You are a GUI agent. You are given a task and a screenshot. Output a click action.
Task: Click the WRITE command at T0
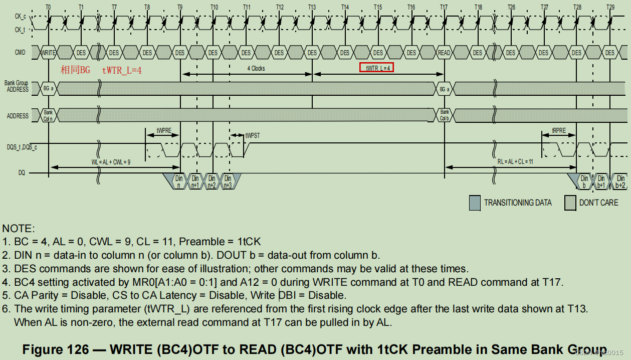(49, 53)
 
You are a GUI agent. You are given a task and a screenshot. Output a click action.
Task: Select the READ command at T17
(444, 53)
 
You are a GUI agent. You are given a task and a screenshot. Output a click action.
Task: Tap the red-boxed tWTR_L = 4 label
(376, 68)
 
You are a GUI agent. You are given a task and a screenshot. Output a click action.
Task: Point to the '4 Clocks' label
(256, 68)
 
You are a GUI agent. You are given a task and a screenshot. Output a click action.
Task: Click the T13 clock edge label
(312, 8)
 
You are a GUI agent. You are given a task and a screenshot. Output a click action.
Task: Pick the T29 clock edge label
(610, 8)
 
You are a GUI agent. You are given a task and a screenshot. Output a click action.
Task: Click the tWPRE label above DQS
(163, 130)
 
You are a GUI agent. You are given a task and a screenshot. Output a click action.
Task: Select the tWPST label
(253, 135)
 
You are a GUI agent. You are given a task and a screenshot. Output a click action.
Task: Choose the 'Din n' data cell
(179, 181)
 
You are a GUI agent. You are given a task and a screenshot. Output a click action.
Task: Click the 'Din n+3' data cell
(228, 181)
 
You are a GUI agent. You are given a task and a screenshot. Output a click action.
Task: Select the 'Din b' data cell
(584, 181)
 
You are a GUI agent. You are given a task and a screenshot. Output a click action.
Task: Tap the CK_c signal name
(20, 17)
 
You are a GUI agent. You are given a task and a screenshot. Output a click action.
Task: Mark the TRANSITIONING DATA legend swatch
(474, 202)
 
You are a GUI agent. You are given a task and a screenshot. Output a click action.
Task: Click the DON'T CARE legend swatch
(570, 202)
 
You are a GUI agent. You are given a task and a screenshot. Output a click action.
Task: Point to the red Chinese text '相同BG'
(76, 70)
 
